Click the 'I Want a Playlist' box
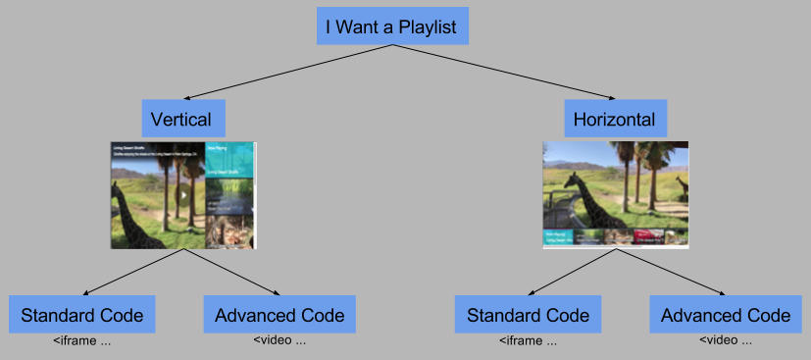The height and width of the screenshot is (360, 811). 392,26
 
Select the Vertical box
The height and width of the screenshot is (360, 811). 181,120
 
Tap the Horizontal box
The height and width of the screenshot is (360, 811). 615,120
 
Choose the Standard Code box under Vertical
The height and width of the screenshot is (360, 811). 82,315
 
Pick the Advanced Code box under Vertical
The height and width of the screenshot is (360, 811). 279,315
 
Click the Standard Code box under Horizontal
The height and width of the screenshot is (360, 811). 528,315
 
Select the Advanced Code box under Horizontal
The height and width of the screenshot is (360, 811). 726,315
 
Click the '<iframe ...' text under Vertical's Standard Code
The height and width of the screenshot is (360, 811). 82,341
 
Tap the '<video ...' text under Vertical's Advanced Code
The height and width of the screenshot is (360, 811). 279,341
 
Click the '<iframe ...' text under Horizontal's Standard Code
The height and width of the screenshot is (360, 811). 528,341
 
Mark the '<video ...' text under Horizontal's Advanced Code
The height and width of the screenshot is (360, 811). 726,341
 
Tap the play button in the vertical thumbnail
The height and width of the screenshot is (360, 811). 183,194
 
